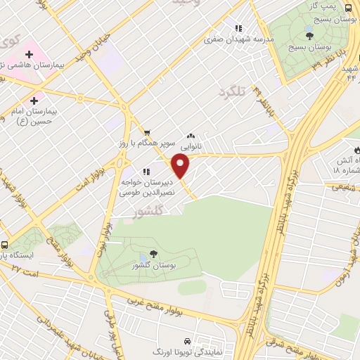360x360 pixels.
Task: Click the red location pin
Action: pos(181,167)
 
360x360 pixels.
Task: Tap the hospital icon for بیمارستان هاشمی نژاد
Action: pos(29,53)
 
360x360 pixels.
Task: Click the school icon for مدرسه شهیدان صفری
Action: pos(238,28)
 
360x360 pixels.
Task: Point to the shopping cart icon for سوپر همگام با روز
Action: pos(147,133)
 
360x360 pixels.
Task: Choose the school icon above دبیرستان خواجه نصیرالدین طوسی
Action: pos(146,170)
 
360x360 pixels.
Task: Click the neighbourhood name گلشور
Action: pos(148,210)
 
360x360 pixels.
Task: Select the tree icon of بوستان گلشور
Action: pos(154,255)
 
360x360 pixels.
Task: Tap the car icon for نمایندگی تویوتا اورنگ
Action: pos(186,338)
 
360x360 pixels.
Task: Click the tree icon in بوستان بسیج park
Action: pos(309,36)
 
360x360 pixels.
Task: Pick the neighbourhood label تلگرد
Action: pos(233,92)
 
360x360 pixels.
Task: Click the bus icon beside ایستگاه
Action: pos(6,245)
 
